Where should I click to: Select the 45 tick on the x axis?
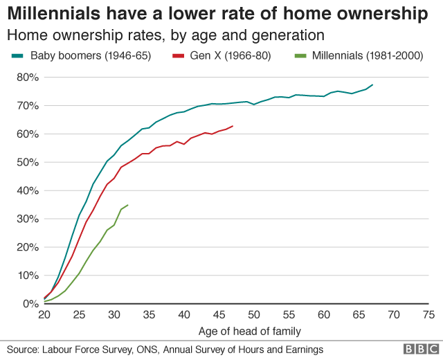(219, 315)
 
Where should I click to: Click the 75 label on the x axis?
(428, 315)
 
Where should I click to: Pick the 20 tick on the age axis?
(44, 315)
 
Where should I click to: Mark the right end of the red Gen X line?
(233, 126)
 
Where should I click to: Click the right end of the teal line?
(372, 84)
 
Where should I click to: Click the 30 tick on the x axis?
(114, 315)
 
